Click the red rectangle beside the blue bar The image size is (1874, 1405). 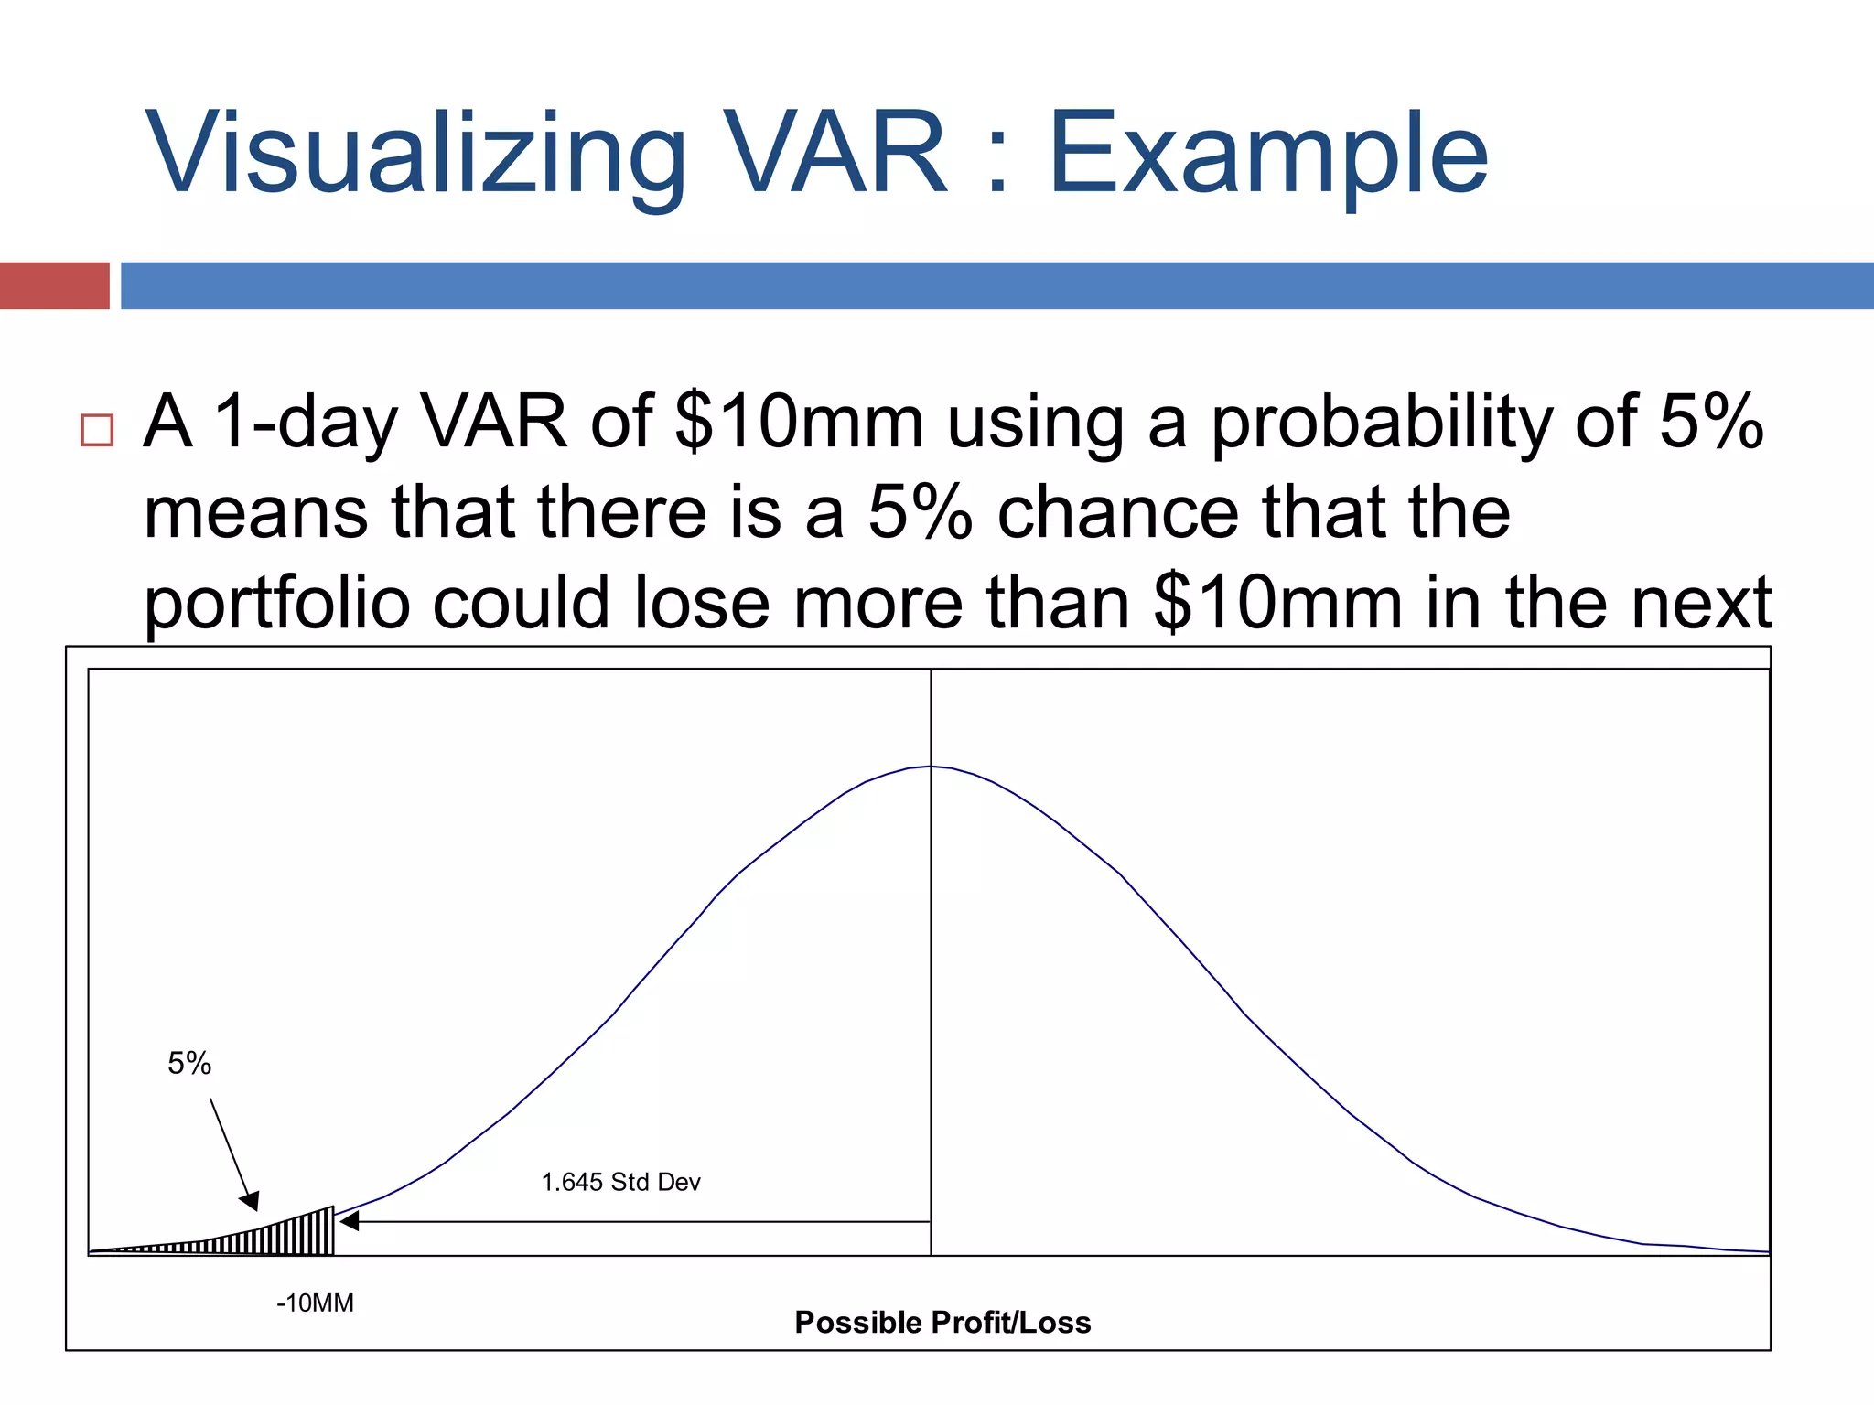click(x=54, y=285)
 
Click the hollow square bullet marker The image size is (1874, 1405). click(x=97, y=430)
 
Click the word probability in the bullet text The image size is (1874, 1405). click(x=1381, y=423)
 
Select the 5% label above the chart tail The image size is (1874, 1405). click(x=189, y=1063)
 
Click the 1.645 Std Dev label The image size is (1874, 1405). click(x=620, y=1182)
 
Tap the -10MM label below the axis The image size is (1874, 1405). click(x=315, y=1303)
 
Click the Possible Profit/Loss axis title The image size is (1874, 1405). click(x=942, y=1323)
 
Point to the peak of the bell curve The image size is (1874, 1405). click(x=932, y=767)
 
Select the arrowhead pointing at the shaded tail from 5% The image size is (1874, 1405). click(x=250, y=1201)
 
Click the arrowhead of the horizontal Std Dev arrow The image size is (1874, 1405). click(x=349, y=1221)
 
